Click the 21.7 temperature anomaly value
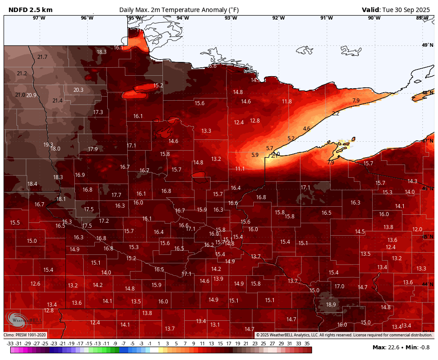(42, 57)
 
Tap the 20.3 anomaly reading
(78, 90)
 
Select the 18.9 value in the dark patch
(331, 305)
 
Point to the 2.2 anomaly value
(335, 114)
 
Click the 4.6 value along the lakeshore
(306, 129)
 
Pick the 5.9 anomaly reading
(255, 155)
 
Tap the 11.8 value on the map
(287, 102)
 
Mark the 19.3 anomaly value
(48, 145)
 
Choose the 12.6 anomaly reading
(35, 284)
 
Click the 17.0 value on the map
(340, 286)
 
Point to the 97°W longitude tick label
(39, 18)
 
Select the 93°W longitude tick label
(231, 18)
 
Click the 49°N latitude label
(427, 45)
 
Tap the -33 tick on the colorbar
(10, 344)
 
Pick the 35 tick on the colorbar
(307, 344)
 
